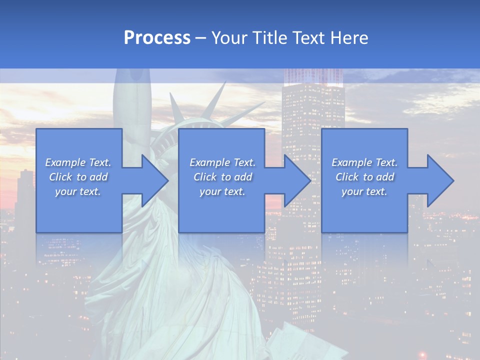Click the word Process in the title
tap(157, 38)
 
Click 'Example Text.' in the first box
tap(78, 162)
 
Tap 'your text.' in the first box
tap(78, 191)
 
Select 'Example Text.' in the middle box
tap(222, 162)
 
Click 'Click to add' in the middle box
tap(222, 177)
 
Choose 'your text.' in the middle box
tap(222, 191)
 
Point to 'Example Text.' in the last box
tap(364, 162)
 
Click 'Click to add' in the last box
tap(364, 177)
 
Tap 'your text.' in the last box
tap(364, 191)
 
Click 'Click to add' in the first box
tap(78, 177)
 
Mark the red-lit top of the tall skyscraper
tap(313, 77)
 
